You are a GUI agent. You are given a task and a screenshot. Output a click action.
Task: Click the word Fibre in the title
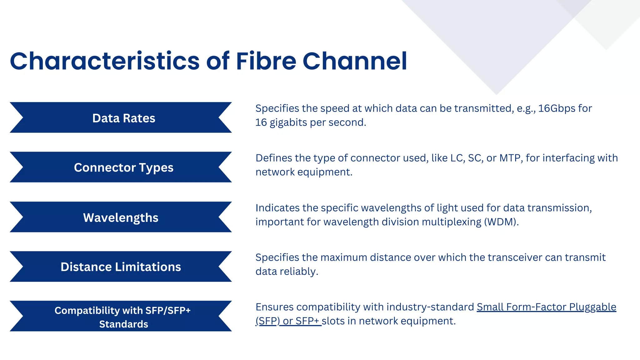pyautogui.click(x=266, y=61)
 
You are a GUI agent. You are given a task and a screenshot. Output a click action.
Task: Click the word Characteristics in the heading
pyautogui.click(x=105, y=61)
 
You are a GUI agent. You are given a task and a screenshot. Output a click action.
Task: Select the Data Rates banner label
pyautogui.click(x=124, y=118)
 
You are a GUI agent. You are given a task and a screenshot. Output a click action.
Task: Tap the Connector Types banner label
pyautogui.click(x=124, y=167)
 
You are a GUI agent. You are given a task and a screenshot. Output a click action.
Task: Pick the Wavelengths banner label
pyautogui.click(x=121, y=217)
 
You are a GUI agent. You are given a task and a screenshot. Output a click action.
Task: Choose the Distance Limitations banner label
pyautogui.click(x=121, y=267)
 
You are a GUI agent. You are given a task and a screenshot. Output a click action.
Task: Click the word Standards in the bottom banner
pyautogui.click(x=124, y=324)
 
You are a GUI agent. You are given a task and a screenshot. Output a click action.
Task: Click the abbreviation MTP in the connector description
pyautogui.click(x=510, y=158)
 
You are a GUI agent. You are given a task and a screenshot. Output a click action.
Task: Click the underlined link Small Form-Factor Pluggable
pyautogui.click(x=546, y=307)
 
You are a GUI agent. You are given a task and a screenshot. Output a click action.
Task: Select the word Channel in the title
pyautogui.click(x=355, y=61)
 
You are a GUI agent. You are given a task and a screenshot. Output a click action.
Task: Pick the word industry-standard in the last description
pyautogui.click(x=430, y=307)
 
